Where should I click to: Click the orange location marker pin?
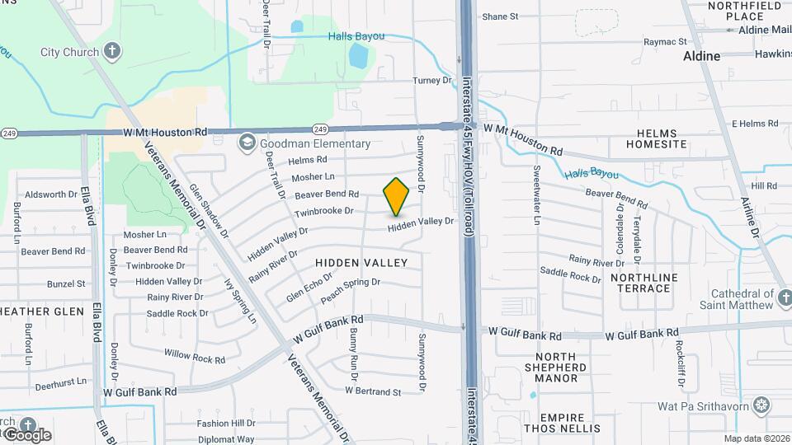(x=396, y=197)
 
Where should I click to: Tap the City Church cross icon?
(x=112, y=52)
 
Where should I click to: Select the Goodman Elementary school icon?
(x=246, y=143)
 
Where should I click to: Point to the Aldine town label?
(x=701, y=56)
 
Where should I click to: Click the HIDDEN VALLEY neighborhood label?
(x=361, y=262)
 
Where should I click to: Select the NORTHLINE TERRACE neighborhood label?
(x=640, y=283)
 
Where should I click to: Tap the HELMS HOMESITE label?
(x=656, y=138)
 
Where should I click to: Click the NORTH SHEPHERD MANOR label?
(x=556, y=367)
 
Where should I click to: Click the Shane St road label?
(x=500, y=16)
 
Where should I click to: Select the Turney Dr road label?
(x=433, y=81)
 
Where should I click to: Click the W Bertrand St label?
(x=373, y=391)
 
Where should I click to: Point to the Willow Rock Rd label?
(x=194, y=356)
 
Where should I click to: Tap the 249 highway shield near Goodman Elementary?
(x=321, y=129)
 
